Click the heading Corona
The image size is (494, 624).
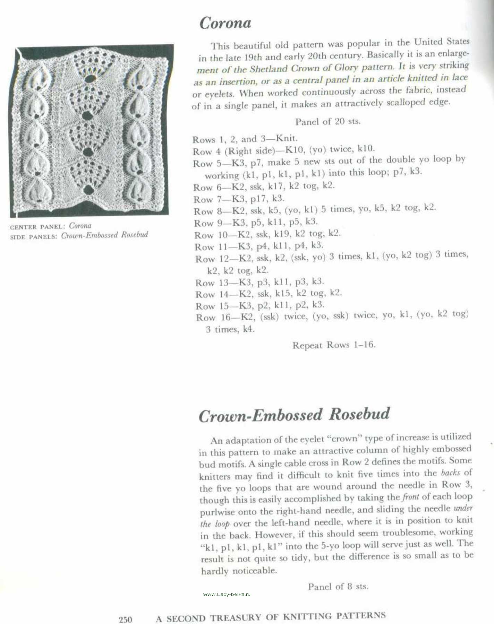click(x=225, y=23)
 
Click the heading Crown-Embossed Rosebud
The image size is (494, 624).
click(x=294, y=415)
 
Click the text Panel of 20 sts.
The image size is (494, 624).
click(x=327, y=122)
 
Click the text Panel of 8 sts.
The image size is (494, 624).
click(x=338, y=587)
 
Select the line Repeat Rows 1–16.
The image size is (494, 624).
click(x=334, y=345)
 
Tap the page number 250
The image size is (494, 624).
click(x=126, y=619)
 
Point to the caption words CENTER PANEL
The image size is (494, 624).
click(x=37, y=227)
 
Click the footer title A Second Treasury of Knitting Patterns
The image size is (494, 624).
click(x=271, y=617)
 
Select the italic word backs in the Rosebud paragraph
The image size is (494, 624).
click(x=450, y=473)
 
